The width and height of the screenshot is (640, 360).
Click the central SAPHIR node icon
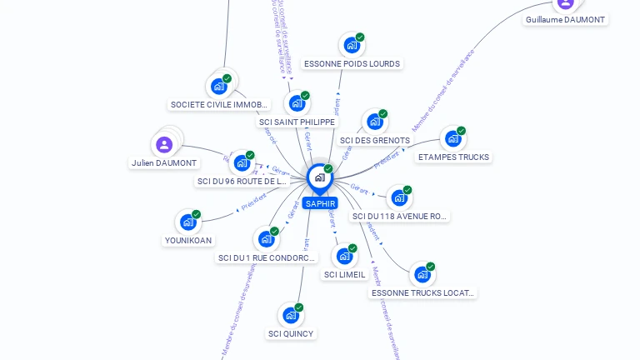click(319, 177)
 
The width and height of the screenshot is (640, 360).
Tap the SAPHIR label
click(320, 203)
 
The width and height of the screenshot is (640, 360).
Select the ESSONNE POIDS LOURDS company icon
click(352, 45)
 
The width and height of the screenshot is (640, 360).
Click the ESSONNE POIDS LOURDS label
click(352, 64)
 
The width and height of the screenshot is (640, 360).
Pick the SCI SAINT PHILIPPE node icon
click(296, 103)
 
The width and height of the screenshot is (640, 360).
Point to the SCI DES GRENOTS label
click(375, 141)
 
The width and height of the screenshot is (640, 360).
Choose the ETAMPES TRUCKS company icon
click(452, 138)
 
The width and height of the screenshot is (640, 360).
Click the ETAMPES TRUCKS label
click(453, 157)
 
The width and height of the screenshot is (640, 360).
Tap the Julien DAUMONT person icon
click(164, 145)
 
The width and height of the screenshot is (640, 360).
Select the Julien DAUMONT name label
click(164, 163)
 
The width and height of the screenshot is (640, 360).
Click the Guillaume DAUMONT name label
click(565, 19)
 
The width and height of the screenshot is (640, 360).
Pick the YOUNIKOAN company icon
click(187, 222)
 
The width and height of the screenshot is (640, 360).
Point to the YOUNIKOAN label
click(188, 241)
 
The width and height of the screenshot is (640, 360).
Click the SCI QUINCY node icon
click(290, 316)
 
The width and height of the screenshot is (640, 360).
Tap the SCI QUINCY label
click(291, 334)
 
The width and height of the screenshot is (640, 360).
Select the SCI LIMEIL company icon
click(344, 256)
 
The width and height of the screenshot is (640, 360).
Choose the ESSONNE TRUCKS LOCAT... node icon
click(422, 274)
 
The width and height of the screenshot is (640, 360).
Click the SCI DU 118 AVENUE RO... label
click(400, 217)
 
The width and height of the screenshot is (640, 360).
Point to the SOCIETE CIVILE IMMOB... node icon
click(219, 86)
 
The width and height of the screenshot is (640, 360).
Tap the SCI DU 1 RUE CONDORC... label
click(267, 258)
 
